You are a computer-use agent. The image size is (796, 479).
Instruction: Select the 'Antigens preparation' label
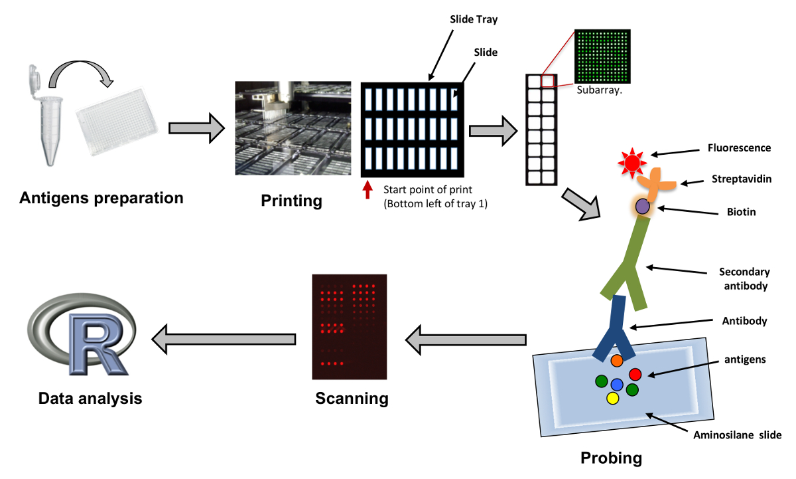101,198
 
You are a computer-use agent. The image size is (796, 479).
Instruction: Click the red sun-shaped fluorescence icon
631,161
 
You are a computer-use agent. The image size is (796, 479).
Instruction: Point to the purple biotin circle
642,207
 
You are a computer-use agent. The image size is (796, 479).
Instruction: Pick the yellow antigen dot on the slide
612,398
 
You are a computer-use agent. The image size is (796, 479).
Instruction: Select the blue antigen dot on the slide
617,384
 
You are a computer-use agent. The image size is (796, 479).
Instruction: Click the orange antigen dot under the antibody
616,361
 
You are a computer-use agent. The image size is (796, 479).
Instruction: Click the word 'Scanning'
352,399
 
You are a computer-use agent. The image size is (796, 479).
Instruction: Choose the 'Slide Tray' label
470,20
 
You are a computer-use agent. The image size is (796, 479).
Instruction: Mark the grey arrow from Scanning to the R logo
224,339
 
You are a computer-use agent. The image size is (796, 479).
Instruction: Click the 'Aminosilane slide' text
737,436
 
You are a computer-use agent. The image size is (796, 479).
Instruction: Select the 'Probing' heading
611,458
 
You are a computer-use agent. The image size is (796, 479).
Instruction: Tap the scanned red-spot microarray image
350,326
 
